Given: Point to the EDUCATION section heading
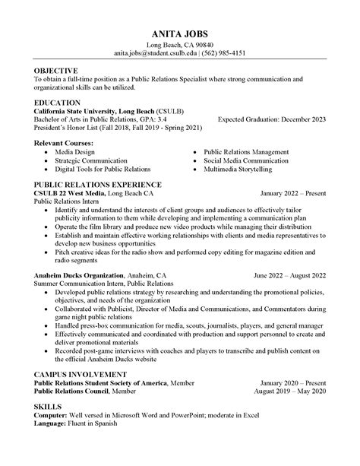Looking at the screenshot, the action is pyautogui.click(x=58, y=102).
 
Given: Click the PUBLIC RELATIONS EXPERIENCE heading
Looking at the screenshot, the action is pyautogui.click(x=98, y=184).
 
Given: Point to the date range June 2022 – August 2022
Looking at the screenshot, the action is pyautogui.click(x=290, y=274).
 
